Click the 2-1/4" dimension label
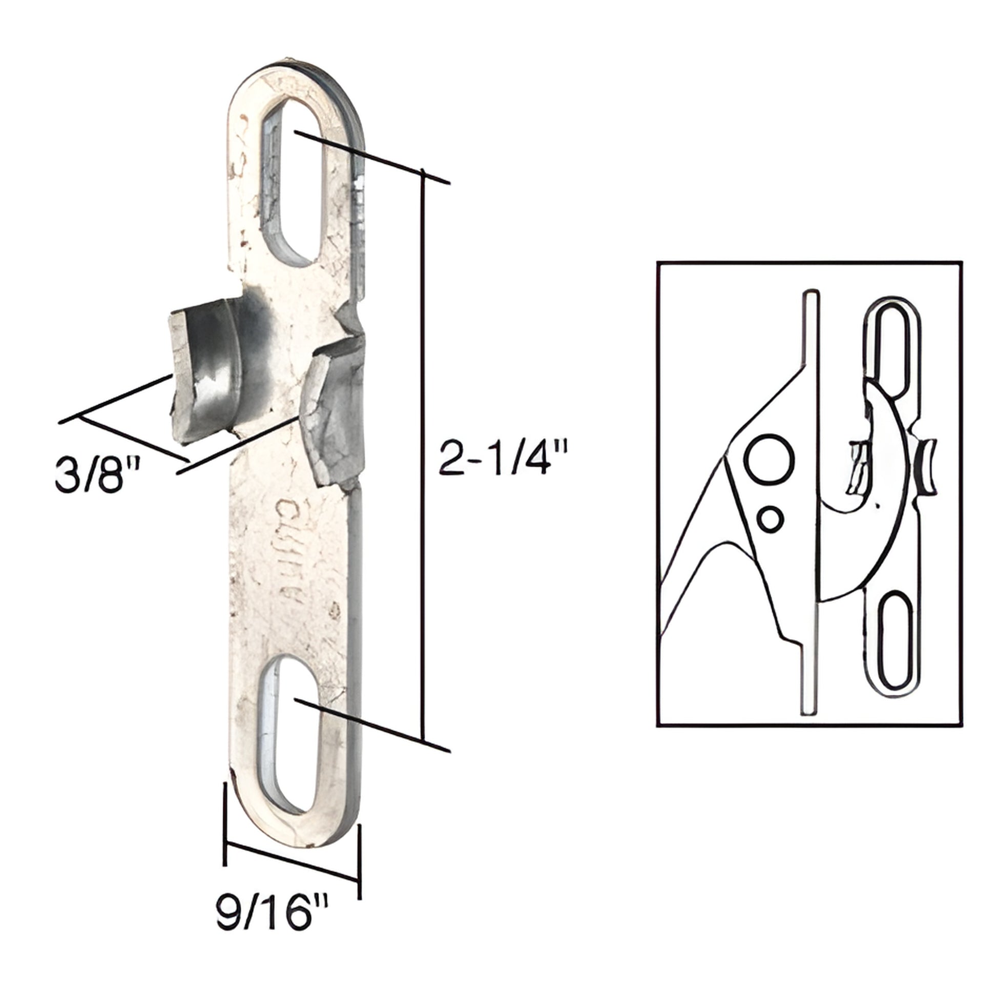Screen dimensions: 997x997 [503, 456]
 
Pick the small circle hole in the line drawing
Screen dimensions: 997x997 [771, 518]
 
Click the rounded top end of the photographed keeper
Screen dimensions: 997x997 [294, 77]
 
